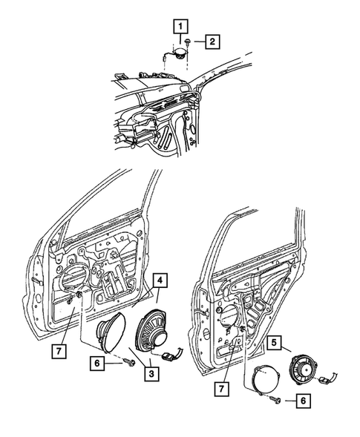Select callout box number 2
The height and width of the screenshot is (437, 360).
212,42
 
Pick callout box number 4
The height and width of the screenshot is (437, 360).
160,280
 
